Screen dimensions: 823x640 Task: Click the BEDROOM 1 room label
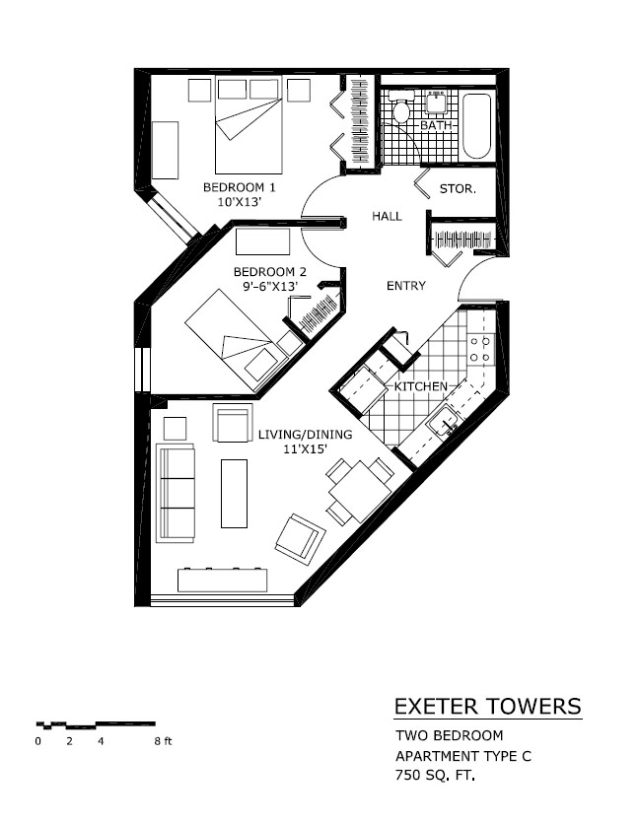(240, 186)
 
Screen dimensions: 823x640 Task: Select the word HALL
(387, 216)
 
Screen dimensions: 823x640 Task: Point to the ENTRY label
(405, 286)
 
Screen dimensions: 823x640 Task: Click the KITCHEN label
(421, 386)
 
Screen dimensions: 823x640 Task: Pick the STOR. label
(458, 188)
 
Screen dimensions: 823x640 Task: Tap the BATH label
(435, 126)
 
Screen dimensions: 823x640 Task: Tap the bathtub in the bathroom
(478, 125)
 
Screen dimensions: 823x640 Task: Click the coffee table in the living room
(235, 493)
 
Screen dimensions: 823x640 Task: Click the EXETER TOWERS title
(487, 707)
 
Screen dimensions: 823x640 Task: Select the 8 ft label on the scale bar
(162, 740)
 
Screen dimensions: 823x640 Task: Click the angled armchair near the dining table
(300, 539)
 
